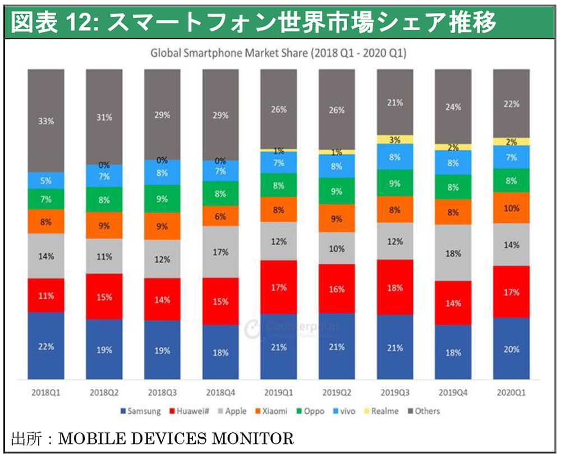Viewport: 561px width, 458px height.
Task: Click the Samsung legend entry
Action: point(140,411)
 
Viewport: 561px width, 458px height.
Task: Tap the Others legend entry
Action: point(424,411)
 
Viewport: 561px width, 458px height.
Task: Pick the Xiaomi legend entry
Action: point(270,411)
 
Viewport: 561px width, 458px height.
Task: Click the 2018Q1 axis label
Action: point(47,392)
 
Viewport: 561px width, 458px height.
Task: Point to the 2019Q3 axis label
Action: point(395,392)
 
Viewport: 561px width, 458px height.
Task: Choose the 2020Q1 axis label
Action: point(511,392)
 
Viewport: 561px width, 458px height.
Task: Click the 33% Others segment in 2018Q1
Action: point(47,121)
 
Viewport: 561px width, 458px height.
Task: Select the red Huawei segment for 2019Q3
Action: point(395,287)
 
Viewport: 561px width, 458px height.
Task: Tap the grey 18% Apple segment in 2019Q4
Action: point(453,253)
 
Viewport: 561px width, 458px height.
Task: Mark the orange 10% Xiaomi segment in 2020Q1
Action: point(511,208)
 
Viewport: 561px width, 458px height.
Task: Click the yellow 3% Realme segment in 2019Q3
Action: point(395,139)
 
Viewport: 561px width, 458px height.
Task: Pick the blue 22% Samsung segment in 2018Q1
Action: point(47,346)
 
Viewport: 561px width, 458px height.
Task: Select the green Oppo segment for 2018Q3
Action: point(163,199)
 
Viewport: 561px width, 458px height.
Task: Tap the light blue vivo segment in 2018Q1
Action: point(47,181)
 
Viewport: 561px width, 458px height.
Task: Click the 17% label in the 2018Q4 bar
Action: point(221,253)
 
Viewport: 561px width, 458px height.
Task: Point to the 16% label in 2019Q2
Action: point(337,289)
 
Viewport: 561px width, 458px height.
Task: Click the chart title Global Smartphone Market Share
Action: point(278,54)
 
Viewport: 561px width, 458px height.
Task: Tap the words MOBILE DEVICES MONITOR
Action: point(176,438)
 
